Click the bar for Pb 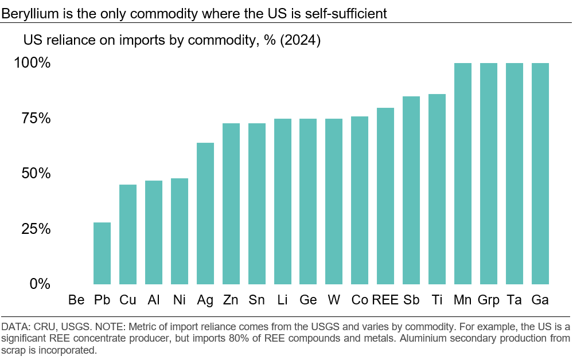(102, 253)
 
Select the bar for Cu (128, 234)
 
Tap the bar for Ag (205, 213)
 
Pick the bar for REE (385, 196)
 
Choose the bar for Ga (540, 174)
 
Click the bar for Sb (411, 190)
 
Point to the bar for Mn (463, 174)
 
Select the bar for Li (283, 201)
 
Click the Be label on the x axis (76, 300)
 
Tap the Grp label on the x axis (489, 300)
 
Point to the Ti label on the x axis (437, 300)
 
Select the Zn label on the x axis (231, 300)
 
